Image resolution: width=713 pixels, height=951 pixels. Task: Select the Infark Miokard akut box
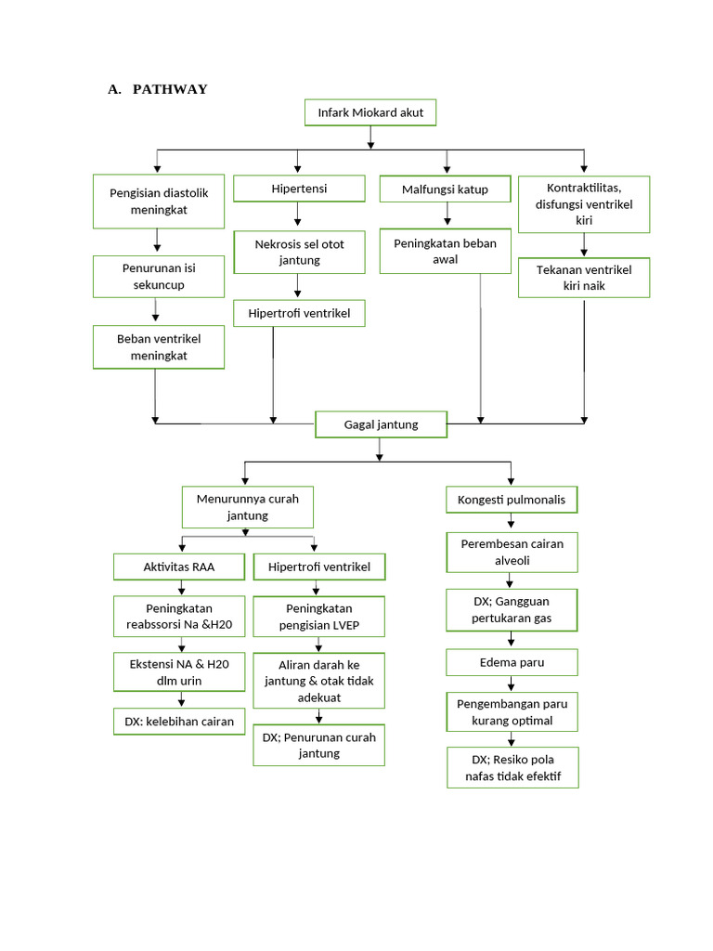[x=370, y=112]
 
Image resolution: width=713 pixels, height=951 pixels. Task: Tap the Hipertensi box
[x=299, y=189]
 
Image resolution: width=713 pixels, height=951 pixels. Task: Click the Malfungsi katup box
[x=445, y=189]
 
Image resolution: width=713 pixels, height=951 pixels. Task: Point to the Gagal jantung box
[x=381, y=424]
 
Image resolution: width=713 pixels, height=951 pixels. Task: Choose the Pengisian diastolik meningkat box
[x=159, y=202]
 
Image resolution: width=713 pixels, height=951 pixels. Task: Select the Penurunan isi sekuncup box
[x=159, y=276]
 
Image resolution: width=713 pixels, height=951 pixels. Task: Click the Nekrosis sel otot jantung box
[x=299, y=252]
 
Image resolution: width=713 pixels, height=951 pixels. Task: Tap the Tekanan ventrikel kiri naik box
[x=584, y=277]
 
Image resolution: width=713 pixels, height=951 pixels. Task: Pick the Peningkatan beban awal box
[x=445, y=251]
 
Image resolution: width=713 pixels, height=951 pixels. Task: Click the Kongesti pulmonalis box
[x=512, y=500]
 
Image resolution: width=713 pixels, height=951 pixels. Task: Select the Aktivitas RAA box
[x=179, y=567]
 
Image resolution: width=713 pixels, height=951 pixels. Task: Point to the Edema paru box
[x=512, y=662]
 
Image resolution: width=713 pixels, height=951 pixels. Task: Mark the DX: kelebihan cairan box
[x=179, y=721]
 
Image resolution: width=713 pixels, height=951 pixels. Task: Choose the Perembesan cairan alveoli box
[x=512, y=552]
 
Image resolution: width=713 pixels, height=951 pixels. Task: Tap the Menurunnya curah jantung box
[x=247, y=507]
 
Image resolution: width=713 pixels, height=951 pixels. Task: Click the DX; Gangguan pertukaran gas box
[x=512, y=609]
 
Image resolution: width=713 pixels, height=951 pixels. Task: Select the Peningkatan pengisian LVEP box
[x=318, y=617]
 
